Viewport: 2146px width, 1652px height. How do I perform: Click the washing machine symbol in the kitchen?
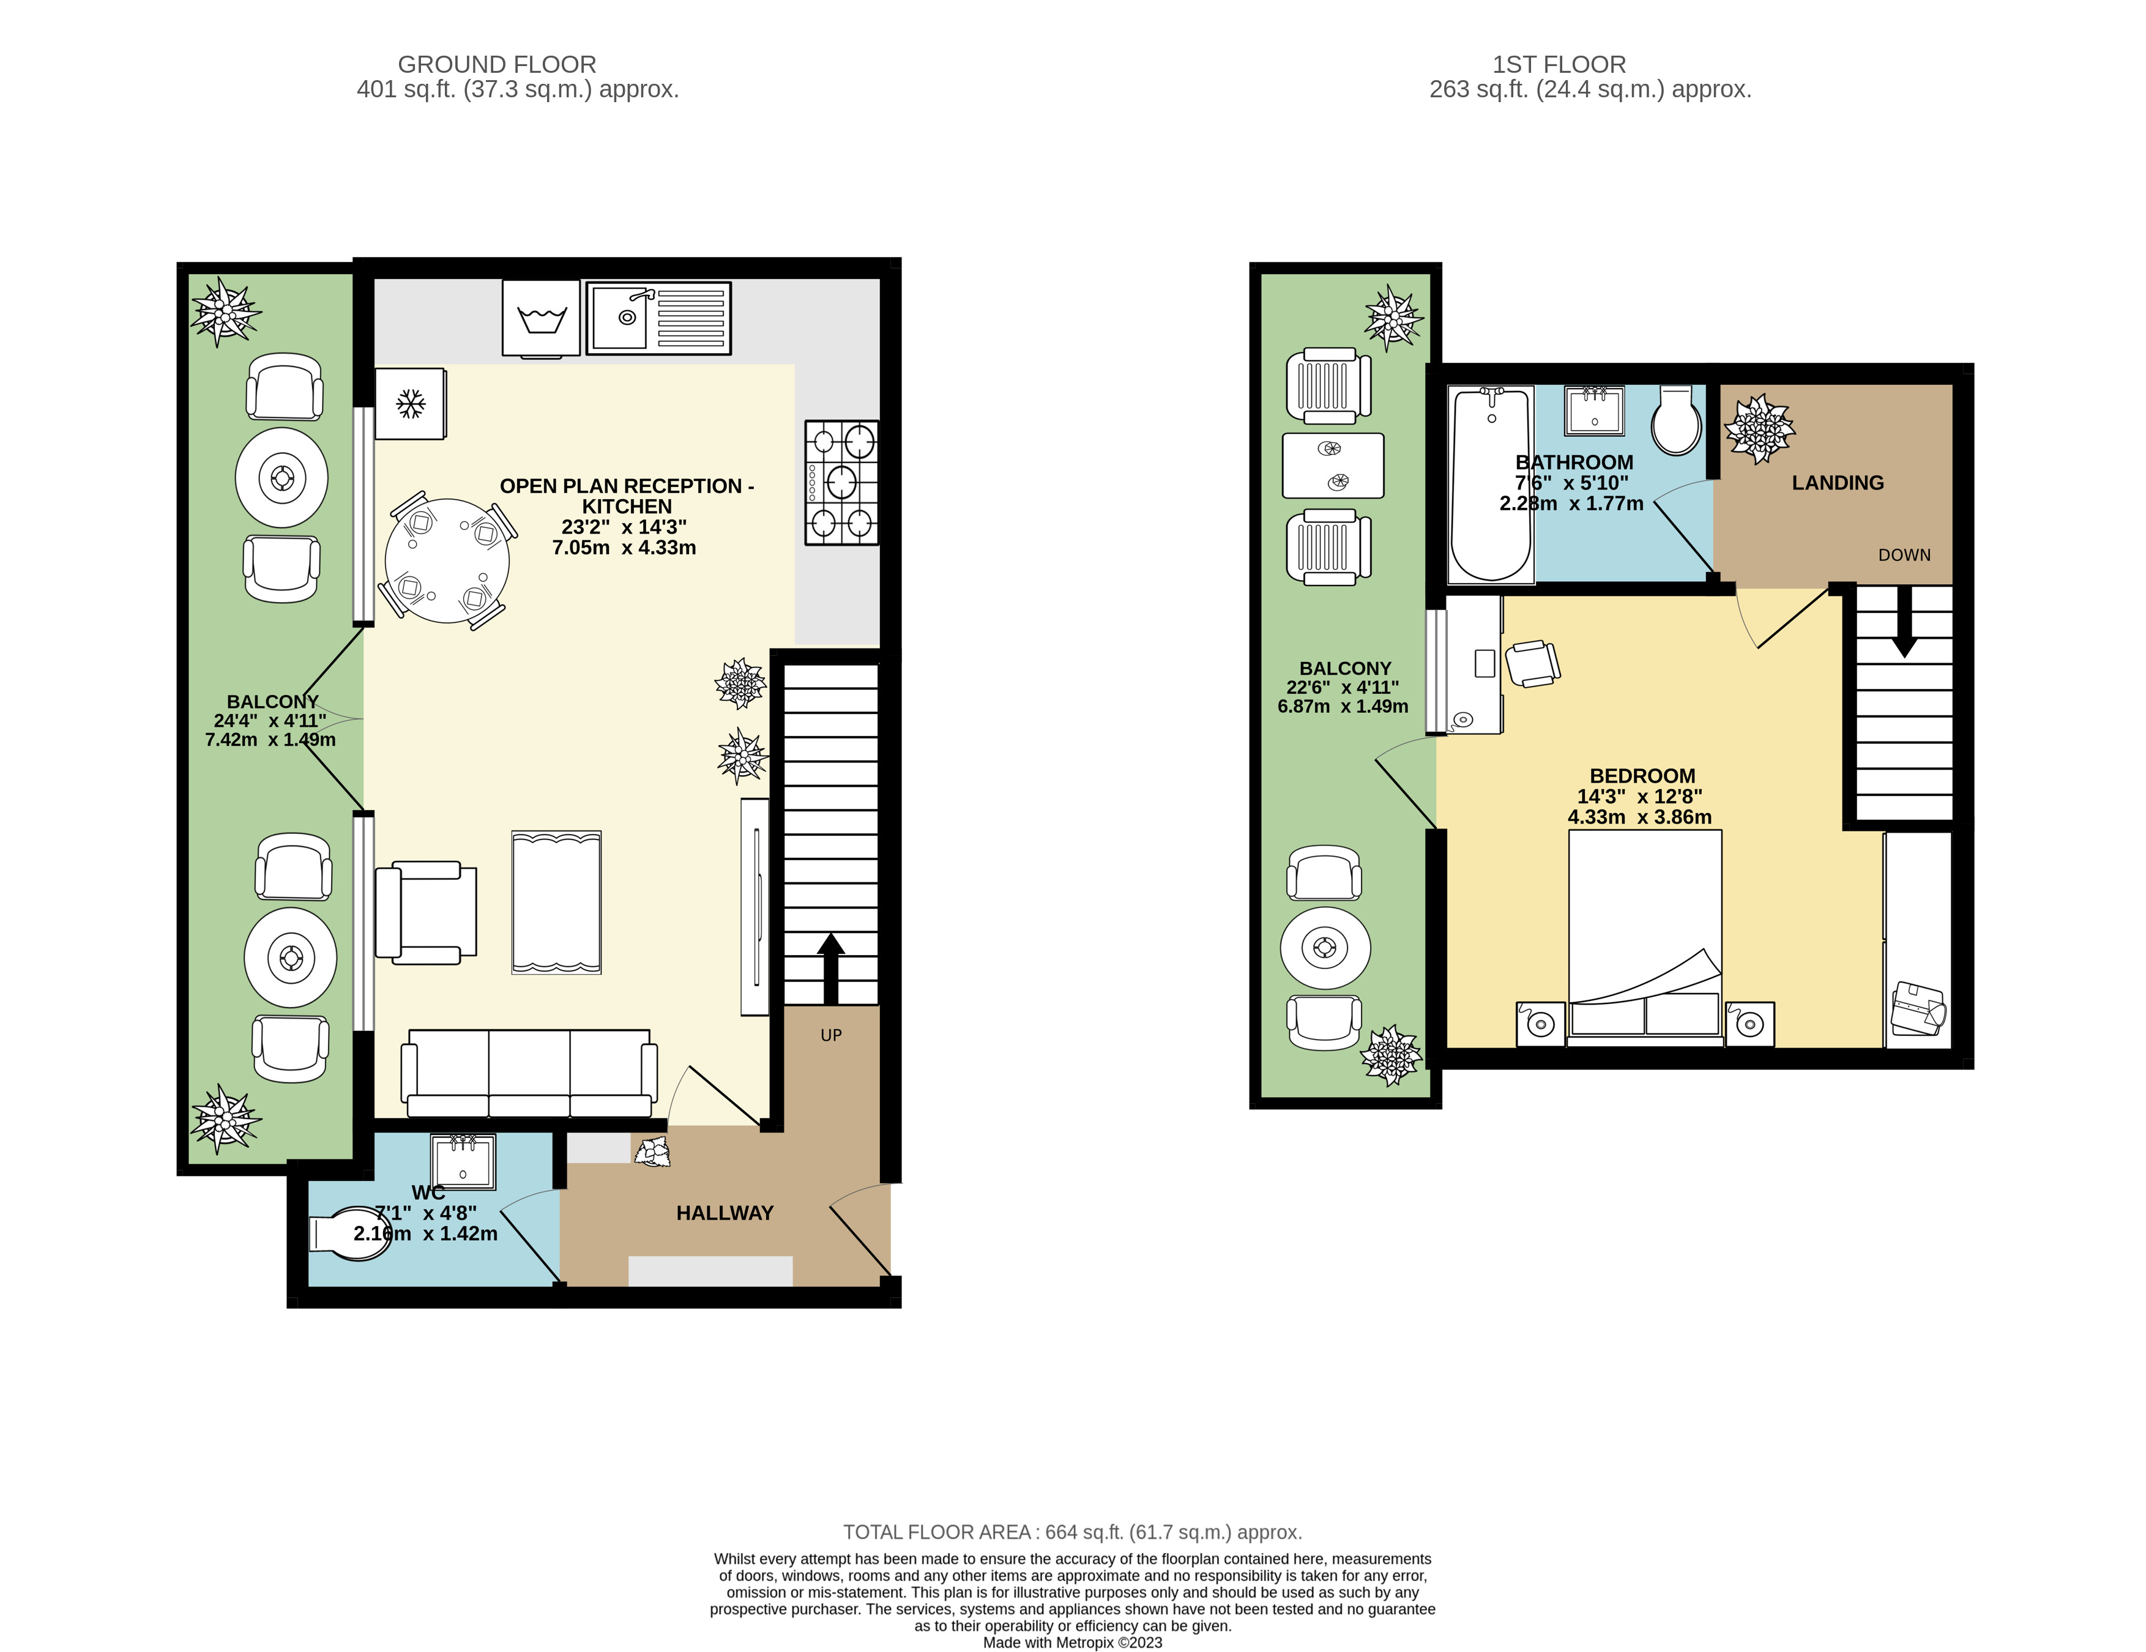pyautogui.click(x=540, y=318)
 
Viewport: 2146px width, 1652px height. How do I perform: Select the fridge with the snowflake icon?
pyautogui.click(x=410, y=403)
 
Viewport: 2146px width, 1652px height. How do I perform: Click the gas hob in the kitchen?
pyautogui.click(x=841, y=483)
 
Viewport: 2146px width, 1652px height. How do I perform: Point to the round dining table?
pyautogui.click(x=447, y=560)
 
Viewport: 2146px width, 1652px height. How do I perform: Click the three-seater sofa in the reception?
pyautogui.click(x=529, y=1073)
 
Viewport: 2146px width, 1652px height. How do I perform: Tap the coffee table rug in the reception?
pyautogui.click(x=556, y=902)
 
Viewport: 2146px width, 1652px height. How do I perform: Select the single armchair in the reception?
pyautogui.click(x=425, y=912)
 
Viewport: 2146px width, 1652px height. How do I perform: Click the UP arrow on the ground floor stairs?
pyautogui.click(x=831, y=968)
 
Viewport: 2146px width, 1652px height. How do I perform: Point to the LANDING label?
pyautogui.click(x=1838, y=483)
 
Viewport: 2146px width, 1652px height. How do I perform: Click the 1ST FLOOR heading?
pyautogui.click(x=1559, y=65)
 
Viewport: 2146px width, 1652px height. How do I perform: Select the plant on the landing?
pyautogui.click(x=1759, y=428)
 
